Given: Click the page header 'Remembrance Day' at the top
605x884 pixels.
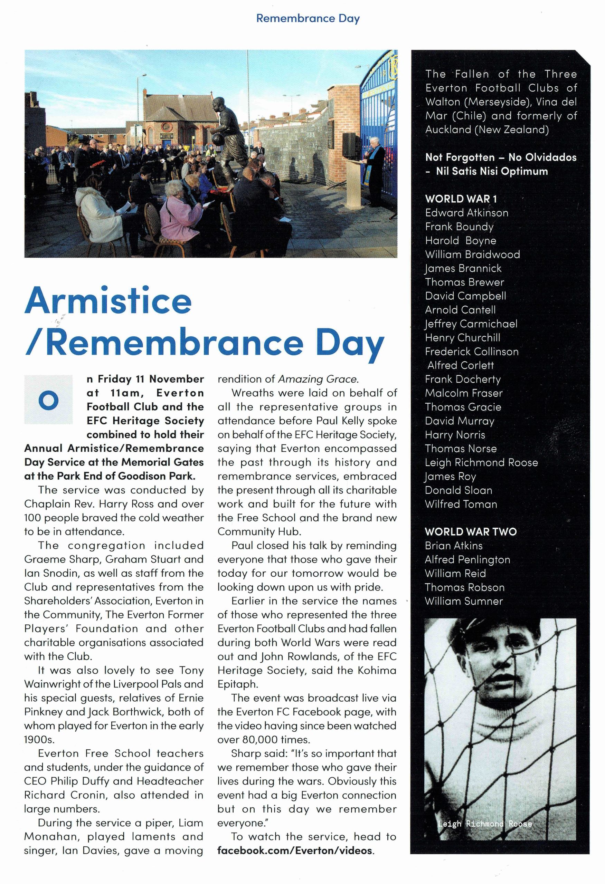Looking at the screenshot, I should click(308, 18).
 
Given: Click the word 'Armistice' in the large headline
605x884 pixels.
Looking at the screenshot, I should click(108, 301).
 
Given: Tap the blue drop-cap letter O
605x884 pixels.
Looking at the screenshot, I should click(48, 400).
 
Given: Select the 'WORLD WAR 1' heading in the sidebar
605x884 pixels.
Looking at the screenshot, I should click(461, 199).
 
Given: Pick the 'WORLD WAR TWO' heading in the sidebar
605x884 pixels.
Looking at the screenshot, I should click(471, 531).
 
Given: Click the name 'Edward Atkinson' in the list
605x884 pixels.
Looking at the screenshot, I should click(466, 213).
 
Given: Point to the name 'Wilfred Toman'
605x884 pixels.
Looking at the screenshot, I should click(461, 504).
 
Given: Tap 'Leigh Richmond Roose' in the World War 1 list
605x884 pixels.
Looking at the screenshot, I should click(481, 462).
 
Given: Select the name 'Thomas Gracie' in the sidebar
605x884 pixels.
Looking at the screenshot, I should click(463, 407).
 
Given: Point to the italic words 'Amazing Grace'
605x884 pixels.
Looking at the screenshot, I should click(317, 379).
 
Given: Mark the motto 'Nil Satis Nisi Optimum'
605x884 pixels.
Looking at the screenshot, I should click(492, 171).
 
